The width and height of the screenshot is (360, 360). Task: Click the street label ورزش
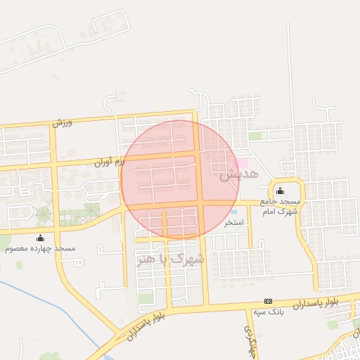[x=63, y=122]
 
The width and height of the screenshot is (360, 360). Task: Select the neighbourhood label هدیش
[x=240, y=174]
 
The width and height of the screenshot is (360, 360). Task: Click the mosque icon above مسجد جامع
[x=281, y=191]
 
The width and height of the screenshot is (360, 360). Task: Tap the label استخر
[x=233, y=223]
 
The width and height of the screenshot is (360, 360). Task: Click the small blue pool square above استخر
[x=234, y=211]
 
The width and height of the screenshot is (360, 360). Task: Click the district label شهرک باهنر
[x=170, y=259]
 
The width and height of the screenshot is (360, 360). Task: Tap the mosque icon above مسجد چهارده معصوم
[x=40, y=238]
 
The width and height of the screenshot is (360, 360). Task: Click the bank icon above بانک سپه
[x=267, y=300]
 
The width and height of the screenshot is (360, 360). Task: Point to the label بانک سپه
[x=268, y=311]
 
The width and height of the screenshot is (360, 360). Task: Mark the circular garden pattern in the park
[x=44, y=214]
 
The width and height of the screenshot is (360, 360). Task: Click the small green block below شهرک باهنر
[x=146, y=299]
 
